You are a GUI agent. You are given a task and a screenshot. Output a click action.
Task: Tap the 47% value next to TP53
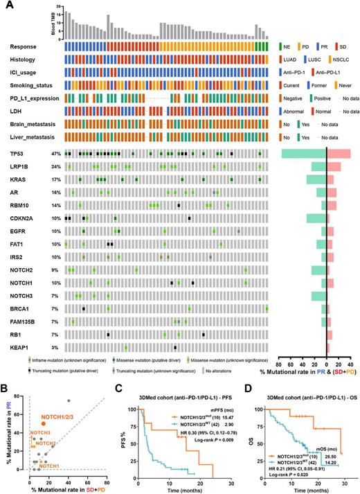[52, 152]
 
